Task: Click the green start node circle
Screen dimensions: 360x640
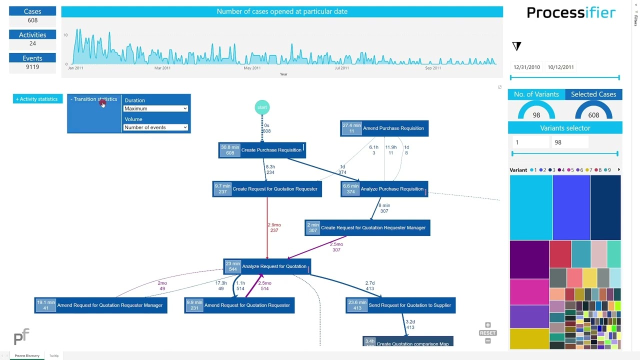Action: (x=262, y=107)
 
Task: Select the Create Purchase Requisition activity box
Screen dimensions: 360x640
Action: (x=262, y=150)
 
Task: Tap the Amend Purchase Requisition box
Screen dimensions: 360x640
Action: (x=384, y=128)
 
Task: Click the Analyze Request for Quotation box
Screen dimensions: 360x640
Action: (x=267, y=266)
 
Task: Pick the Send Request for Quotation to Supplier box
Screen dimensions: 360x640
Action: (x=400, y=305)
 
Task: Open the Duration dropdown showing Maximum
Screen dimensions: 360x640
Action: (x=155, y=108)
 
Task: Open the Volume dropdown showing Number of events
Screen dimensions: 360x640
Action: (x=155, y=127)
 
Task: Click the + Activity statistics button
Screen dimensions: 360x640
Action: (x=37, y=99)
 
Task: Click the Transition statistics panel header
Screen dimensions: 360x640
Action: (x=94, y=99)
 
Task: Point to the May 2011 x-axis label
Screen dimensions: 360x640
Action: (x=252, y=68)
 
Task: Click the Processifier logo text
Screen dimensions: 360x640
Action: (x=571, y=12)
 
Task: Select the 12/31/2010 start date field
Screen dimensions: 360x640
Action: (x=526, y=67)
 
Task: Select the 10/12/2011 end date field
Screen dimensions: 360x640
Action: (x=560, y=67)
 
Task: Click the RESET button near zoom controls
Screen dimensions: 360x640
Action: (x=487, y=333)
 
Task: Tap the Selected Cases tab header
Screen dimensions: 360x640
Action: (x=593, y=94)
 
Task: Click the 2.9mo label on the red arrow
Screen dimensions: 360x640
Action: (x=274, y=225)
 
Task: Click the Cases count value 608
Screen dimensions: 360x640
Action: (x=32, y=20)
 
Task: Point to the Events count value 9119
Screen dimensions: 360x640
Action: (x=32, y=67)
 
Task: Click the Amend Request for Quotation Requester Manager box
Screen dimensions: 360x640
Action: (x=100, y=305)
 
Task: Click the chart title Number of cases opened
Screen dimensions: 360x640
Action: (x=282, y=11)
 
